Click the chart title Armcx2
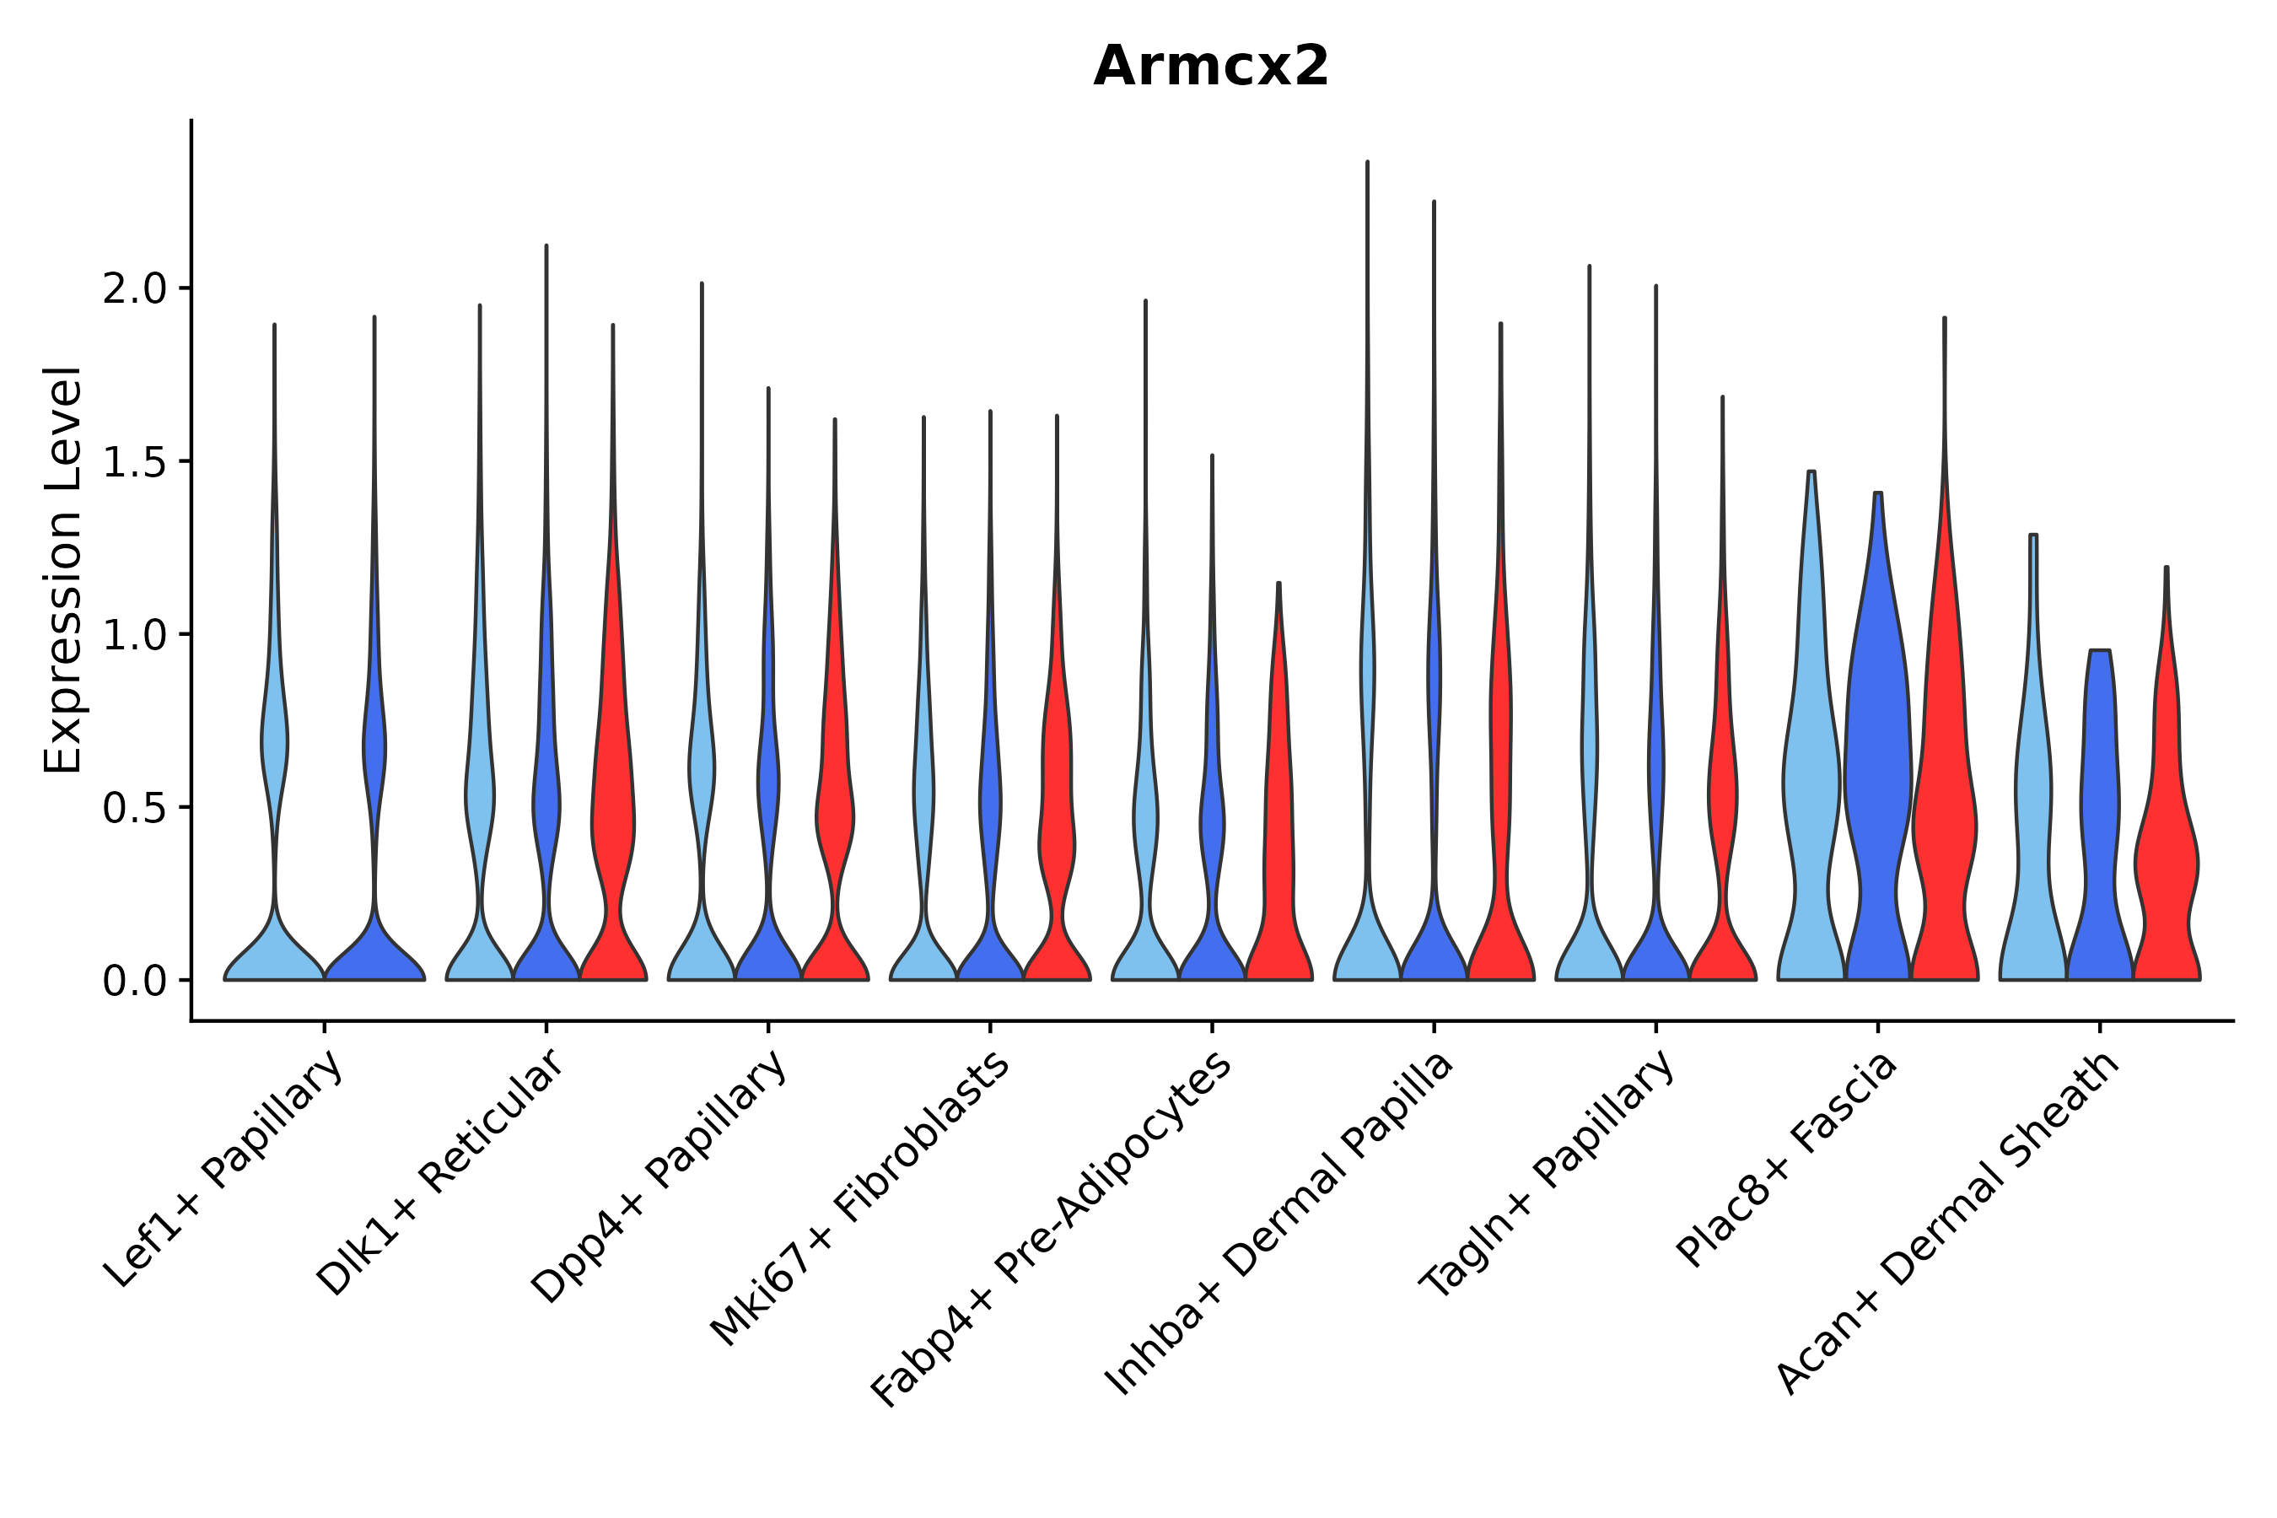point(1210,67)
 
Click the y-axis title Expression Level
point(63,569)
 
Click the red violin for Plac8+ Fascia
point(1944,823)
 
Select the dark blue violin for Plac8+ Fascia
point(1877,774)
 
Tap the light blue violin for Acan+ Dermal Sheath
point(2033,823)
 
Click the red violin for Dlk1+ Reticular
point(613,823)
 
